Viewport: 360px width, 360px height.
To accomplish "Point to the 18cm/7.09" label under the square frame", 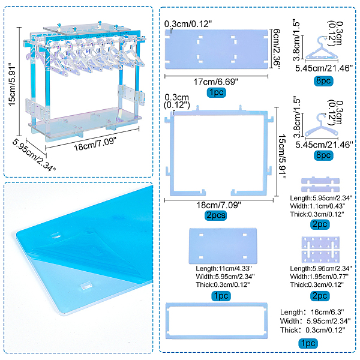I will click(x=214, y=205).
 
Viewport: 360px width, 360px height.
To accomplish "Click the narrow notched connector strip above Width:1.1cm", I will click(x=319, y=184).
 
